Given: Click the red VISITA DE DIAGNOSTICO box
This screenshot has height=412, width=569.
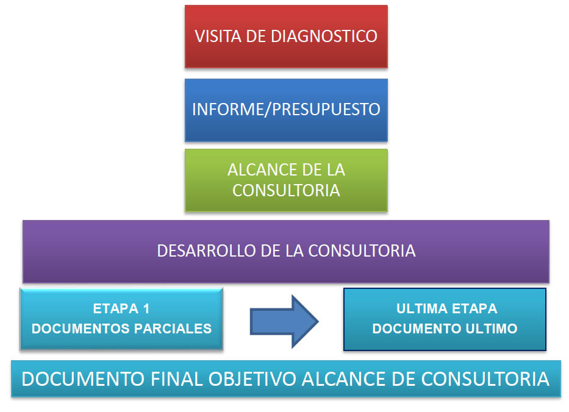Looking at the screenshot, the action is tap(286, 37).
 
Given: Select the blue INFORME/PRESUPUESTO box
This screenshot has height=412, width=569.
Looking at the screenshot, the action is tap(286, 110).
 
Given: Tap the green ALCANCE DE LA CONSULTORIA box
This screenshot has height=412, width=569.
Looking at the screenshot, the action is tap(286, 180).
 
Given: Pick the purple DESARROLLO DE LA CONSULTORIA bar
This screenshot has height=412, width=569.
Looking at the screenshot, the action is tap(286, 251).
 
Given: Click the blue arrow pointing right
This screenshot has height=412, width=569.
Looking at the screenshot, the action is tap(284, 321).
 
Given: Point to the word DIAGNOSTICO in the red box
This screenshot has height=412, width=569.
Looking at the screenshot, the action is tap(324, 37).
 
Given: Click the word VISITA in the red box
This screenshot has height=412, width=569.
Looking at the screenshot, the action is tap(218, 37).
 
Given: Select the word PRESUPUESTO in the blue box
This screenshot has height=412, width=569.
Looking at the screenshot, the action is tap(326, 109).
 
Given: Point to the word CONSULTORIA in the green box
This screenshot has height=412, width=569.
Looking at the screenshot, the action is tap(286, 190).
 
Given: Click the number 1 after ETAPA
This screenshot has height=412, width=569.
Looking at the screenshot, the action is tap(146, 308).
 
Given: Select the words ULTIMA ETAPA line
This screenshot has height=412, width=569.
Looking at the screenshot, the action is tap(446, 308).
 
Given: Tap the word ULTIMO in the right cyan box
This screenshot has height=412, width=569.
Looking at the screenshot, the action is tap(492, 329).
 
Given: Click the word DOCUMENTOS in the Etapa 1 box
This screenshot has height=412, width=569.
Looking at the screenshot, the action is tap(81, 329).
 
